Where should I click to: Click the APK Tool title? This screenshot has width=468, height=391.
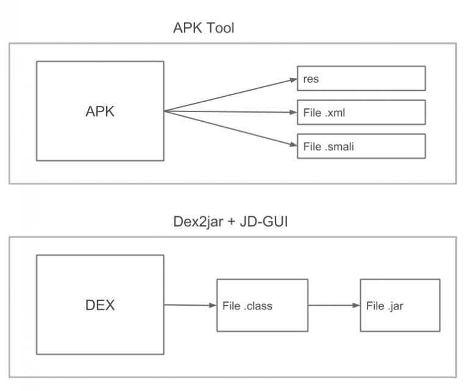204,28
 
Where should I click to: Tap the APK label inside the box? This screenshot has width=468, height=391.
100,111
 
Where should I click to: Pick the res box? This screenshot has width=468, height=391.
361,79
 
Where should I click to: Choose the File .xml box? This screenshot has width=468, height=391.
361,113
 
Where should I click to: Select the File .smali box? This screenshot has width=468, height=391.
361,146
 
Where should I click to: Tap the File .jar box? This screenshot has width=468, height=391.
400,306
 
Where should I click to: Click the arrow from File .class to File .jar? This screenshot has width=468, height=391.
331,306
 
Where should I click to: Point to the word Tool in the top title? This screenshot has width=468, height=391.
221,28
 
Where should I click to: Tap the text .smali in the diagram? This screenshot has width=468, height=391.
342,146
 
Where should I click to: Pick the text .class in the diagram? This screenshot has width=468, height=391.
258,306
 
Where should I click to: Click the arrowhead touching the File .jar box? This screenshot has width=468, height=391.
356,306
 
